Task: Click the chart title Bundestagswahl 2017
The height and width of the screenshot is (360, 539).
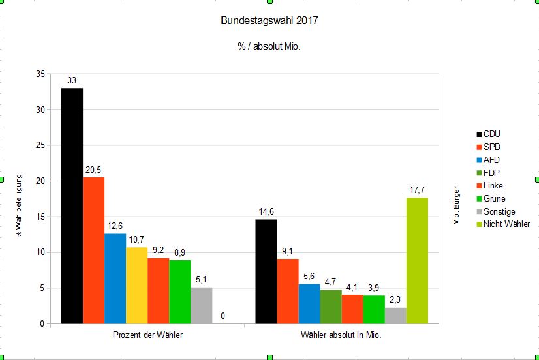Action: pyautogui.click(x=269, y=21)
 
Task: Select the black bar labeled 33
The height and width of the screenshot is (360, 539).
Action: pyautogui.click(x=72, y=205)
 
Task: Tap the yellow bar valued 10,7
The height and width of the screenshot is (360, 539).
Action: pyautogui.click(x=136, y=285)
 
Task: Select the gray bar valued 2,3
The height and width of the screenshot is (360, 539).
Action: pyautogui.click(x=395, y=316)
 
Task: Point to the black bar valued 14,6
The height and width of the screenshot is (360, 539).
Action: pyautogui.click(x=266, y=271)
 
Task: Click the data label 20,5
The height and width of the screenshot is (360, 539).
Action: pyautogui.click(x=93, y=170)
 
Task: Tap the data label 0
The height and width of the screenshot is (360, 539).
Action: pyautogui.click(x=223, y=316)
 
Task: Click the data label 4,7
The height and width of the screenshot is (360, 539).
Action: pyautogui.click(x=331, y=282)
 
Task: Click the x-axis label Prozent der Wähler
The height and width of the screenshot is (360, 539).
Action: pyautogui.click(x=147, y=335)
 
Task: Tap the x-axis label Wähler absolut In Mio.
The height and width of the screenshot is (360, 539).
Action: pyautogui.click(x=341, y=335)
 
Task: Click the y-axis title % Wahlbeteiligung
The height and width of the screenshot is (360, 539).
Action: pyautogui.click(x=19, y=205)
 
